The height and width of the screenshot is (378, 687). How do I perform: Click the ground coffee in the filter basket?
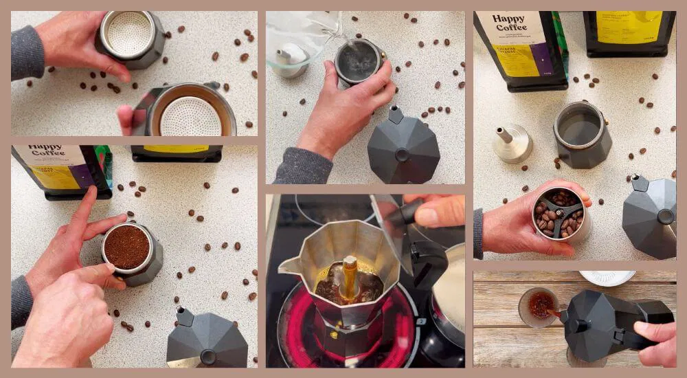click(126, 246)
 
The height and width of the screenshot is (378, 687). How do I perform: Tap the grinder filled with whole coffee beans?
click(558, 213)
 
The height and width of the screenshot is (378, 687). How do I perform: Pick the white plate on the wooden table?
click(607, 278)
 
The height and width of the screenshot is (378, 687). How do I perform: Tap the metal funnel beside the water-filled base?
click(513, 143)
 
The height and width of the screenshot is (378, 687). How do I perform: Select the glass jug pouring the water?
click(299, 41)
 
